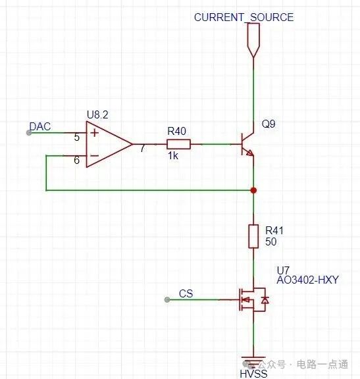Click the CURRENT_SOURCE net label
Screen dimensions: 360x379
(x=244, y=17)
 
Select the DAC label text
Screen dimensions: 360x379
(x=40, y=126)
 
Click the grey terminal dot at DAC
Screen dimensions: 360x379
(x=29, y=133)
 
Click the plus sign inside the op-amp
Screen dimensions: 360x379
(x=95, y=133)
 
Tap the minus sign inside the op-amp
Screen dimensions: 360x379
(x=94, y=155)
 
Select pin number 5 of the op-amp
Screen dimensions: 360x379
(x=76, y=138)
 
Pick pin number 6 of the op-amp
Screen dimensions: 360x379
(x=76, y=160)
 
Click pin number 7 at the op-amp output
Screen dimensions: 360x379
(x=143, y=148)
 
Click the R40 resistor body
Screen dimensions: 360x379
(x=178, y=144)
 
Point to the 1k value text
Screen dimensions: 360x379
(x=173, y=156)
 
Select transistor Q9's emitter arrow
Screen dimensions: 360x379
(x=249, y=153)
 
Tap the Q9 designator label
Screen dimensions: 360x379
(x=269, y=124)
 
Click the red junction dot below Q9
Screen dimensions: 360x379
(x=253, y=190)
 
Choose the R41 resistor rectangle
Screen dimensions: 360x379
(x=253, y=236)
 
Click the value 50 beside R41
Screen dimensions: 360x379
(x=270, y=241)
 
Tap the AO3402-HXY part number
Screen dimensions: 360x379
(x=307, y=280)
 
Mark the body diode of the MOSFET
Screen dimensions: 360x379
(x=265, y=300)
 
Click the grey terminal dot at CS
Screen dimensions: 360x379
(x=167, y=300)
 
